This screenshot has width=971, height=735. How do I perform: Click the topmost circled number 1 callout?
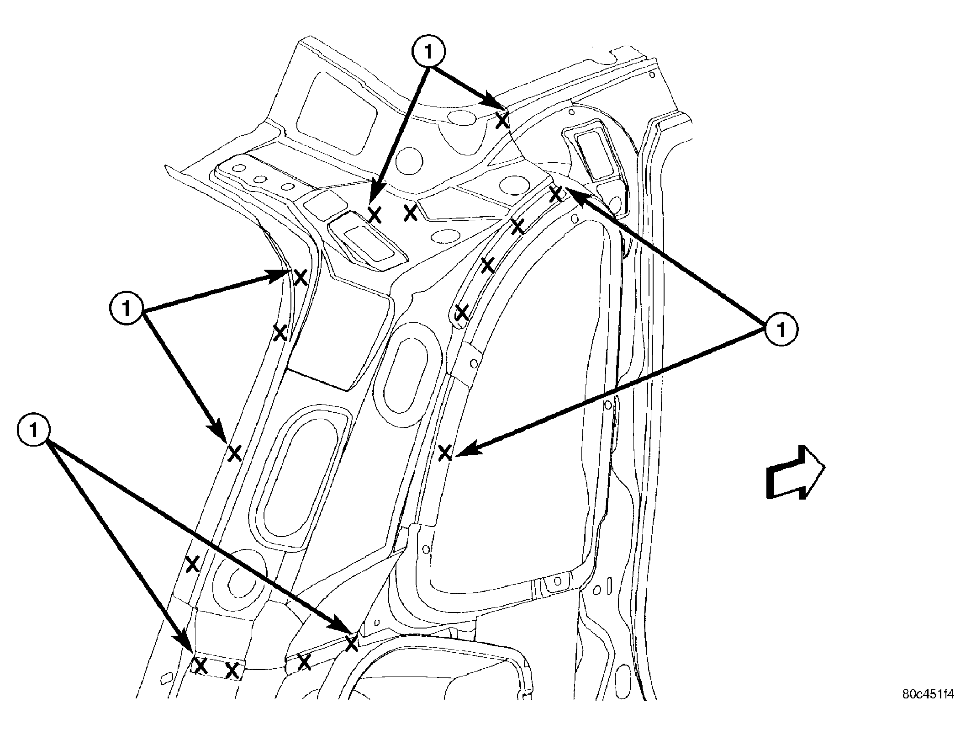coord(428,53)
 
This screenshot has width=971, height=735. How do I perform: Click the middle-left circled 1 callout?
coord(126,309)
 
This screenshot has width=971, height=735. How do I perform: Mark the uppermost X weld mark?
coord(502,121)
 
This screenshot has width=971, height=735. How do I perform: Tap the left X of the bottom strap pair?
coord(201,666)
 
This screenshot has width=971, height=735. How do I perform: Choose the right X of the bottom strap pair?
coord(232,671)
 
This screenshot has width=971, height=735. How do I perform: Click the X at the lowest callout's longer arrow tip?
coord(351,644)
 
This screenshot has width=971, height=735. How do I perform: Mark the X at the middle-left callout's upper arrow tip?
coord(300,277)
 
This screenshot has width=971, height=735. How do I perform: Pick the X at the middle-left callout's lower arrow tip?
coord(234,453)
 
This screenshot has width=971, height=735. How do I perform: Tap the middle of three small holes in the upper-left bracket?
coord(260,179)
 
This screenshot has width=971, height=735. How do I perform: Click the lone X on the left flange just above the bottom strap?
coord(193,564)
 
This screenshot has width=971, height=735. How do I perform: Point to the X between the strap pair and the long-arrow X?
coord(304,661)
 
